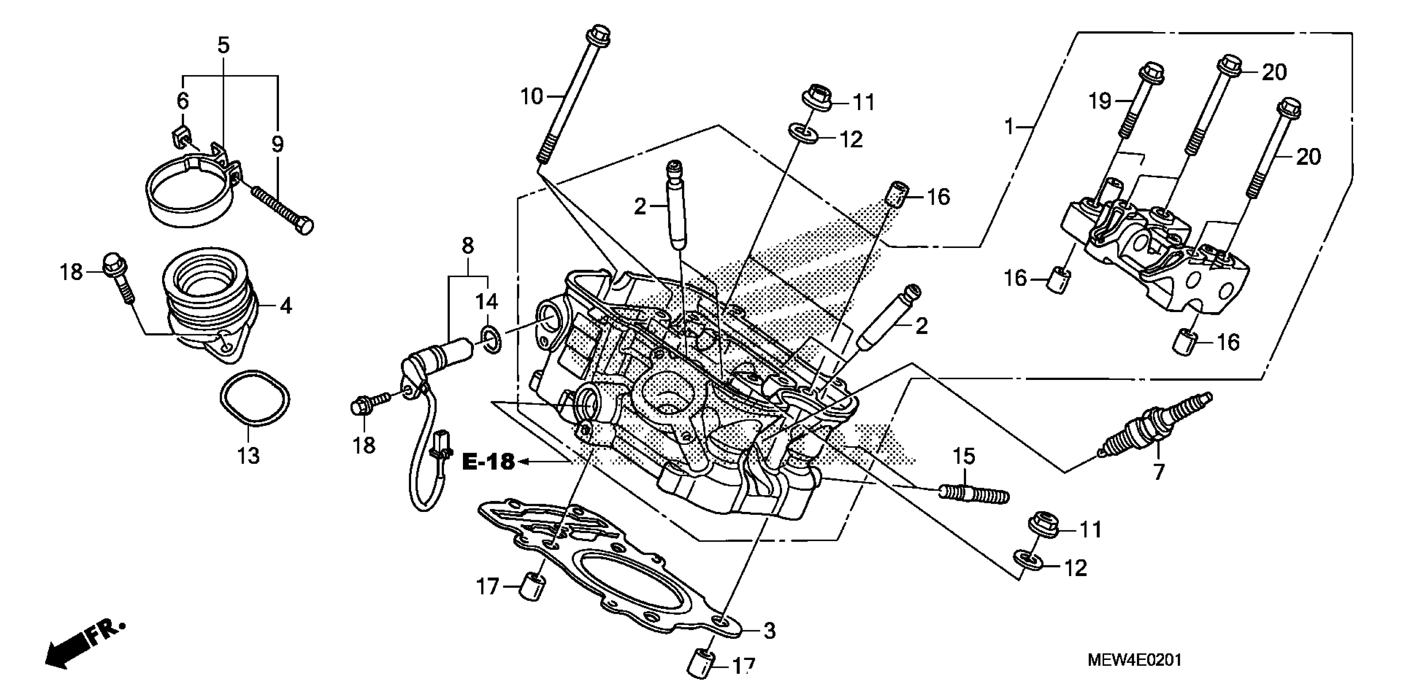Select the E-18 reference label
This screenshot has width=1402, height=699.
(x=488, y=461)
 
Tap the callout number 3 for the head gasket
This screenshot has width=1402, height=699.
(x=769, y=631)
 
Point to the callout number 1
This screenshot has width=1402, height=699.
(x=1009, y=127)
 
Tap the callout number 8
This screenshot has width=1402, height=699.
(x=467, y=246)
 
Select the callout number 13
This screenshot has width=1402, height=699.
(x=248, y=455)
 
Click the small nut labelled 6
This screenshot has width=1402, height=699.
(x=177, y=139)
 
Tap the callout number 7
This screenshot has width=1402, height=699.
(x=1159, y=472)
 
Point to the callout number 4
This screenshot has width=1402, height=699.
(x=286, y=306)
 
